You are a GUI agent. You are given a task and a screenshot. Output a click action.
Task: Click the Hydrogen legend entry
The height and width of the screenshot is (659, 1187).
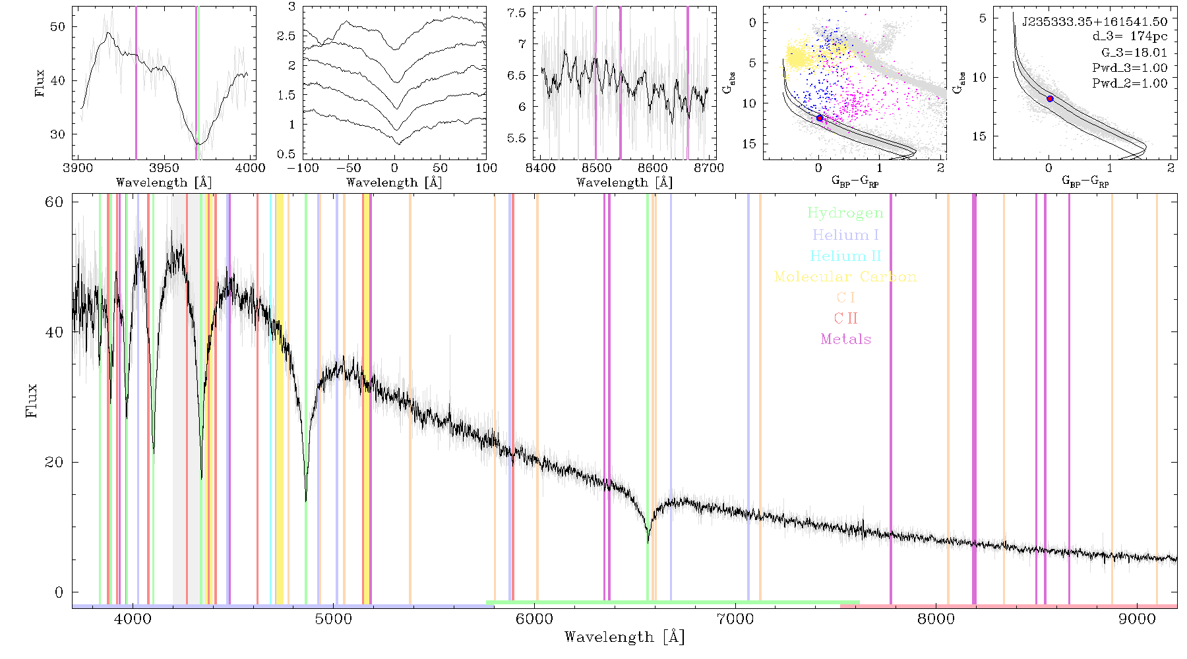coord(845,213)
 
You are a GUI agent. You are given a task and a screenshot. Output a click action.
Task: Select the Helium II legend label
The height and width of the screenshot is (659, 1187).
coord(845,256)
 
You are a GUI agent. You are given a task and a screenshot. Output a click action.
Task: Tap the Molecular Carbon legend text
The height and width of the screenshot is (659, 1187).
coord(845,277)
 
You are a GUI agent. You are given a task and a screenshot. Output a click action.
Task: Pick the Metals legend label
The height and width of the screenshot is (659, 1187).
coord(846,339)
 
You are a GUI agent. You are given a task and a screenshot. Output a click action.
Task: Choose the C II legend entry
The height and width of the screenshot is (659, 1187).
coord(845,318)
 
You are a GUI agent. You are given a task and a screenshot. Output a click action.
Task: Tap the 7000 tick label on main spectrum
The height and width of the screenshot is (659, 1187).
coord(735,619)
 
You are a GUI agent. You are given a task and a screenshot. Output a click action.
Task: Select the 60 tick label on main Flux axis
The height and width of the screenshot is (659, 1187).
coord(54,202)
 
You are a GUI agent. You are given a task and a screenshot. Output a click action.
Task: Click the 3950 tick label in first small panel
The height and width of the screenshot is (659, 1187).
coord(164,167)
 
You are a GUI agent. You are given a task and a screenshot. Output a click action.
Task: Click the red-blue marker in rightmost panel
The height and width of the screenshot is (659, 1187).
coord(1050,99)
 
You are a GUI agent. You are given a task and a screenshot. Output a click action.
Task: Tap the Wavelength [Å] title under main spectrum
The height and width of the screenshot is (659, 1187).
coord(624,637)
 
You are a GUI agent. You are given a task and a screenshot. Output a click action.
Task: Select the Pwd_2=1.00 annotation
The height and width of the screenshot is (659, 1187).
coord(1130,83)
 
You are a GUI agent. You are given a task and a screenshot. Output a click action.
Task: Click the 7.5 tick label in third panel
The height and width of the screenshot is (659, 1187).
coord(518,13)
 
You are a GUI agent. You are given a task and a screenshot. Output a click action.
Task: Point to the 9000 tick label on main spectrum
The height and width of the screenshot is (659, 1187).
coord(1136,619)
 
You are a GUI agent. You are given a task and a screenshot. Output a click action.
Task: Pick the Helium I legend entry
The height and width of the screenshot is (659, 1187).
coord(845,235)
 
